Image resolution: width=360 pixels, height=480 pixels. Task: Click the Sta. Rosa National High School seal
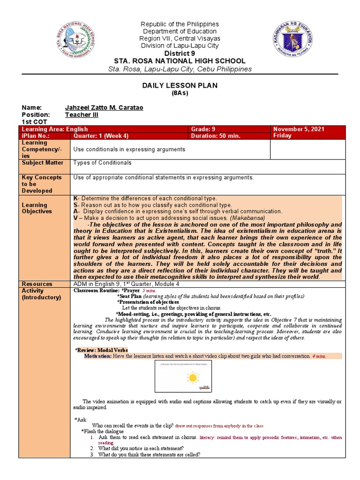[74, 40]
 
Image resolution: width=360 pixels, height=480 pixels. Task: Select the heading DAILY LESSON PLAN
[180, 85]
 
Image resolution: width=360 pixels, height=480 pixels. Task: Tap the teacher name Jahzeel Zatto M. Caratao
[104, 108]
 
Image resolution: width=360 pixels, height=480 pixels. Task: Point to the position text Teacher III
[82, 115]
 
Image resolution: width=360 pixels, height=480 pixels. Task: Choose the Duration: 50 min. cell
[216, 136]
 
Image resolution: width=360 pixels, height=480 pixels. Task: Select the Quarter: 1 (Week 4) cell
[101, 136]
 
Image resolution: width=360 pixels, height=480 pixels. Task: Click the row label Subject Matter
[42, 163]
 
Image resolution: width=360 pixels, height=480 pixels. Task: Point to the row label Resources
[37, 284]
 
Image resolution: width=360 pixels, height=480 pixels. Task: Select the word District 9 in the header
[180, 53]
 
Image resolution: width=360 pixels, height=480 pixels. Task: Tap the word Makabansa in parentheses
[249, 218]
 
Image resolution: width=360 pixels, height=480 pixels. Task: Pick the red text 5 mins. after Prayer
[150, 291]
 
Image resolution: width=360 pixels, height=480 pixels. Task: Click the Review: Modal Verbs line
[102, 350]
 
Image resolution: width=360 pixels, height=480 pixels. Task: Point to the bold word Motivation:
[98, 356]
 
